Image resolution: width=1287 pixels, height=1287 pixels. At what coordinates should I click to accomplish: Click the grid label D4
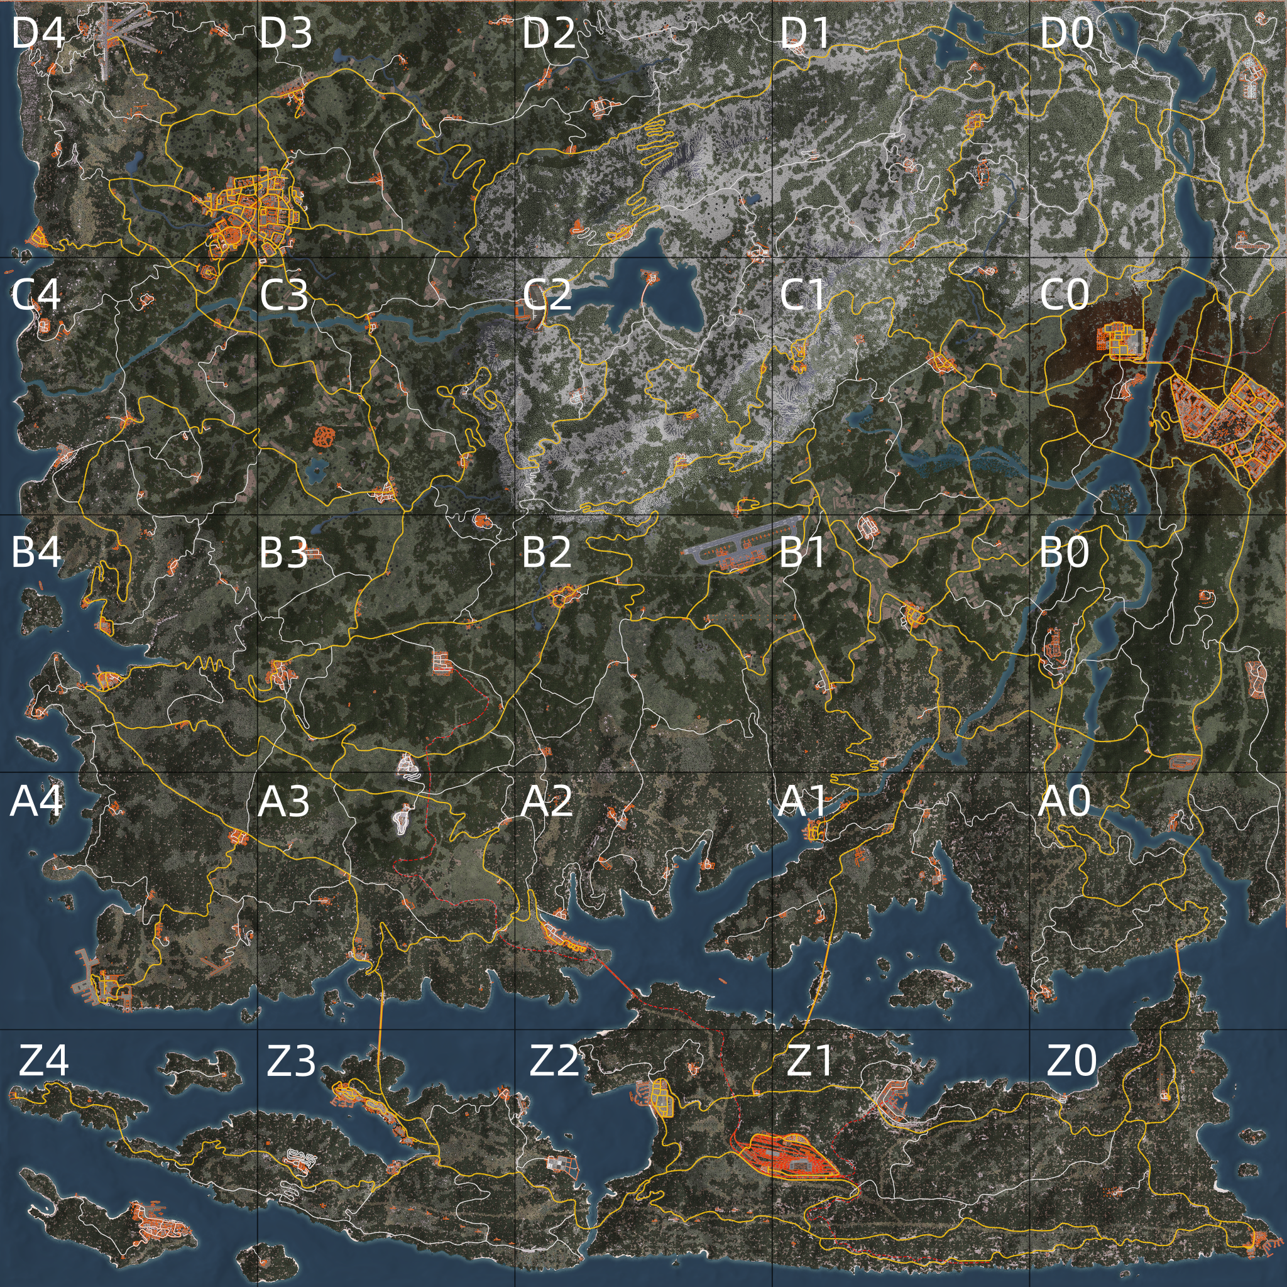(38, 33)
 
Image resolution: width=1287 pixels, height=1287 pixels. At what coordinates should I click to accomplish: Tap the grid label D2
(548, 33)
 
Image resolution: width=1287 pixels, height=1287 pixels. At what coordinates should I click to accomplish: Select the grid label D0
(1066, 33)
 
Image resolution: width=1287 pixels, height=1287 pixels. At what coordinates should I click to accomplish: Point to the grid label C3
(285, 295)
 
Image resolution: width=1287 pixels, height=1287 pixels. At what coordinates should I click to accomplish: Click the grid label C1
(802, 295)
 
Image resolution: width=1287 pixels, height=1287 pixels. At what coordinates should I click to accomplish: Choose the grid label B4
(36, 552)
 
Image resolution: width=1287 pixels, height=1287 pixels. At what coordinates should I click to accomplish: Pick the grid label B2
(546, 552)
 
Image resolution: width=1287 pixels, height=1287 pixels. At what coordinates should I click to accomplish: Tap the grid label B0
(1064, 552)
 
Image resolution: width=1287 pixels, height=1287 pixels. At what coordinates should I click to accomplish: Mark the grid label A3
(284, 801)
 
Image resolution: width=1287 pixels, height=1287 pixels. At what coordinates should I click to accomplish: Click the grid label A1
(802, 801)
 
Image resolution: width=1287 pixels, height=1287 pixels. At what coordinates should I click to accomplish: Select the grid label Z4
(43, 1061)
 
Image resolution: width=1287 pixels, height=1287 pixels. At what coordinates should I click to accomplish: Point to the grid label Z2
(554, 1061)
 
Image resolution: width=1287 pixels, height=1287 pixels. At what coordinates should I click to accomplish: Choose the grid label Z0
(1071, 1061)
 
